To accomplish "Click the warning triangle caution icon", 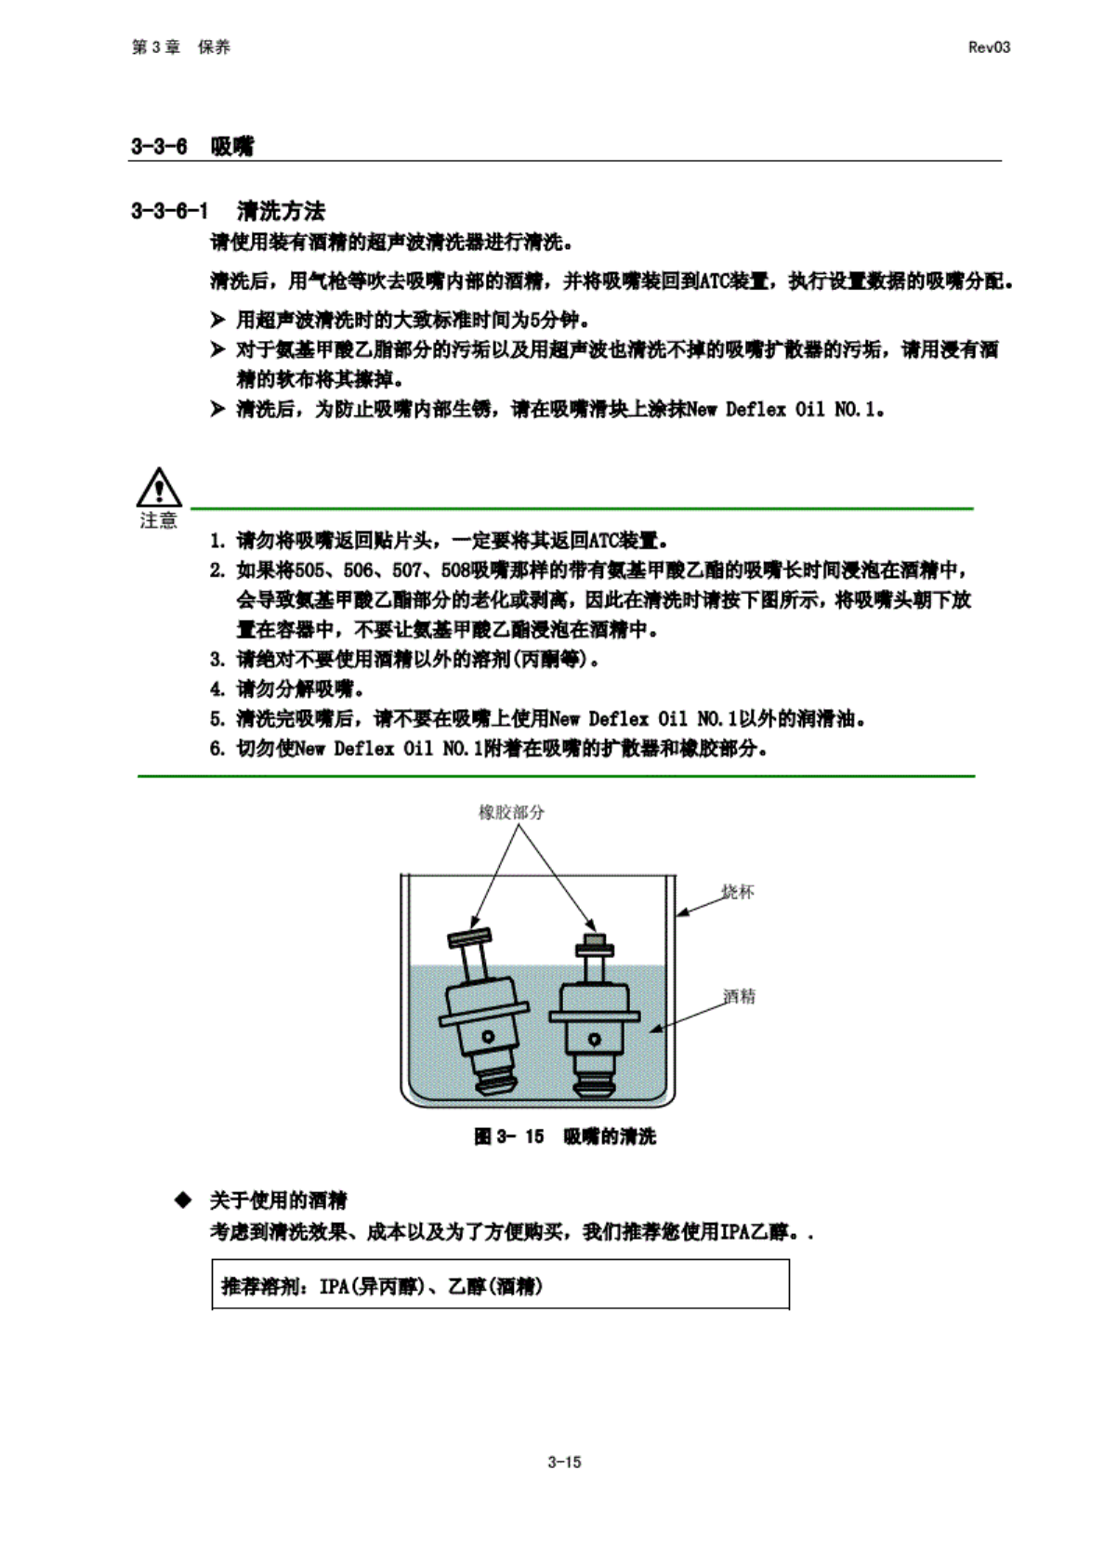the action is (x=159, y=487).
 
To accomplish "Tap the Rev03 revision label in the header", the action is (x=988, y=47).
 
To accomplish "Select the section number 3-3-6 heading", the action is (x=159, y=146).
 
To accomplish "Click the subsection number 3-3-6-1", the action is (x=169, y=211).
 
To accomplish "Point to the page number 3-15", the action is (x=564, y=1462).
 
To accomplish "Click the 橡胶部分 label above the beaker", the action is (x=511, y=812).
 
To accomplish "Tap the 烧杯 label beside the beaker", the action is (x=738, y=892).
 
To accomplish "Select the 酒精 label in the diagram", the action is (x=740, y=996).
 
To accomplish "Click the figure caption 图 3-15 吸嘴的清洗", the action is (x=564, y=1136).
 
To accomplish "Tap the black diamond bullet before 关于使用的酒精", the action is (x=183, y=1201).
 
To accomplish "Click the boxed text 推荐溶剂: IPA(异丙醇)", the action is (x=381, y=1286).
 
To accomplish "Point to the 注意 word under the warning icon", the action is (x=158, y=520).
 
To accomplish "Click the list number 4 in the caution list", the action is (x=217, y=689).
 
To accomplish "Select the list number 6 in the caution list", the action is (x=217, y=749).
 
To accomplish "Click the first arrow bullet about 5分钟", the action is (x=217, y=321).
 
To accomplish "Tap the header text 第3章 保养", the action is (x=180, y=47).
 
